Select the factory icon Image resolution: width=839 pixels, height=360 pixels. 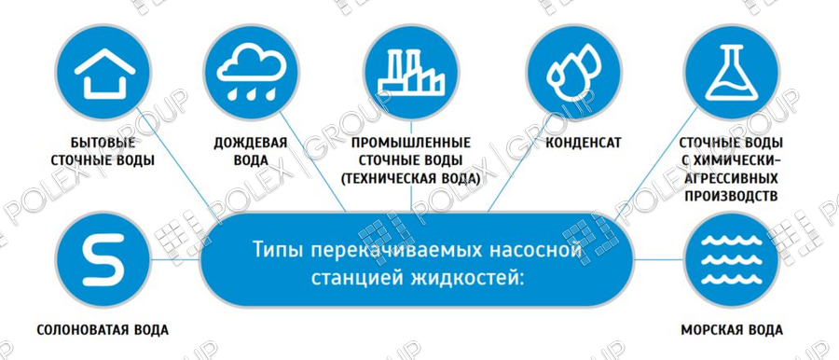[x=411, y=73]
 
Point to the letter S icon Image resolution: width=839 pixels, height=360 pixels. [x=103, y=260]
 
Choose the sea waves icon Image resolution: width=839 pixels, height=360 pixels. [x=732, y=260]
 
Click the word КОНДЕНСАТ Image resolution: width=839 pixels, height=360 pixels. [x=584, y=143]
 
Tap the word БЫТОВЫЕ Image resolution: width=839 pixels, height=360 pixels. [x=103, y=143]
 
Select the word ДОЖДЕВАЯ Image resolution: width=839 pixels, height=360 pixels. [x=251, y=143]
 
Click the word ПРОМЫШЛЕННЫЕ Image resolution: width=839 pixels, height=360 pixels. [x=411, y=143]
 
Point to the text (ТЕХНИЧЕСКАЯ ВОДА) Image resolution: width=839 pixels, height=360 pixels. [x=411, y=178]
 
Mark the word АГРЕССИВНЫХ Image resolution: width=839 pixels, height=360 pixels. [x=732, y=178]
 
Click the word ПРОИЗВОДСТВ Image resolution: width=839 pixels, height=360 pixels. [x=732, y=196]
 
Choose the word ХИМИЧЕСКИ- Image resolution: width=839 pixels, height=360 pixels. [x=737, y=160]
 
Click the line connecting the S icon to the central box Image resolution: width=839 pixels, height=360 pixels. [x=175, y=260]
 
